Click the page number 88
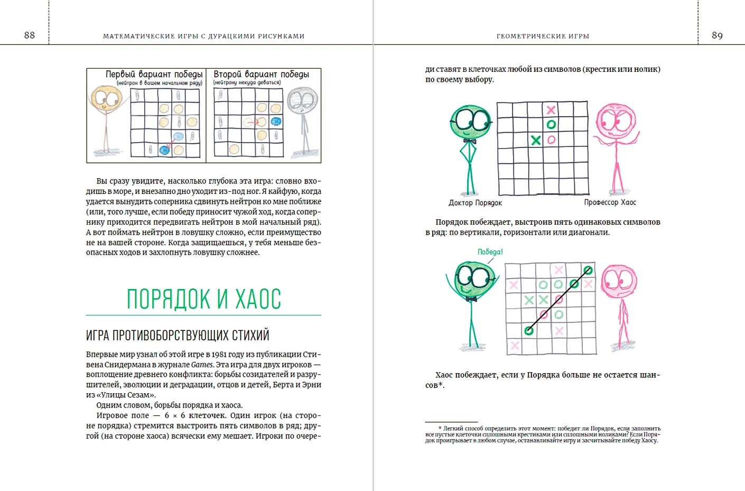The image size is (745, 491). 30,35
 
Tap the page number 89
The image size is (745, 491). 717,35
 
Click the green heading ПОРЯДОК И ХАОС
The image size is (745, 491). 203,299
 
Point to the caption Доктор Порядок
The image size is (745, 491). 475,203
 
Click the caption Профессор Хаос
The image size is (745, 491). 610,202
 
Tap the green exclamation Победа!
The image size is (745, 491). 490,252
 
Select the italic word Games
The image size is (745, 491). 202,365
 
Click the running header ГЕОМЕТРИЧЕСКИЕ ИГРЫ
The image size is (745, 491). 543,36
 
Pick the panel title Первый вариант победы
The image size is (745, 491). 154,75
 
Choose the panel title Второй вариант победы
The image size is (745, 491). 261,75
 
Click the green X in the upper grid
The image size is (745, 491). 536,140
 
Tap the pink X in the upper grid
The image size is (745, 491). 551,110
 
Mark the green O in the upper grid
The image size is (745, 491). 551,125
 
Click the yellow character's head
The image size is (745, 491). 107,99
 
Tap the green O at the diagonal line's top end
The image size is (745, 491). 588,271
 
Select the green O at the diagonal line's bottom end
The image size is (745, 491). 528,331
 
